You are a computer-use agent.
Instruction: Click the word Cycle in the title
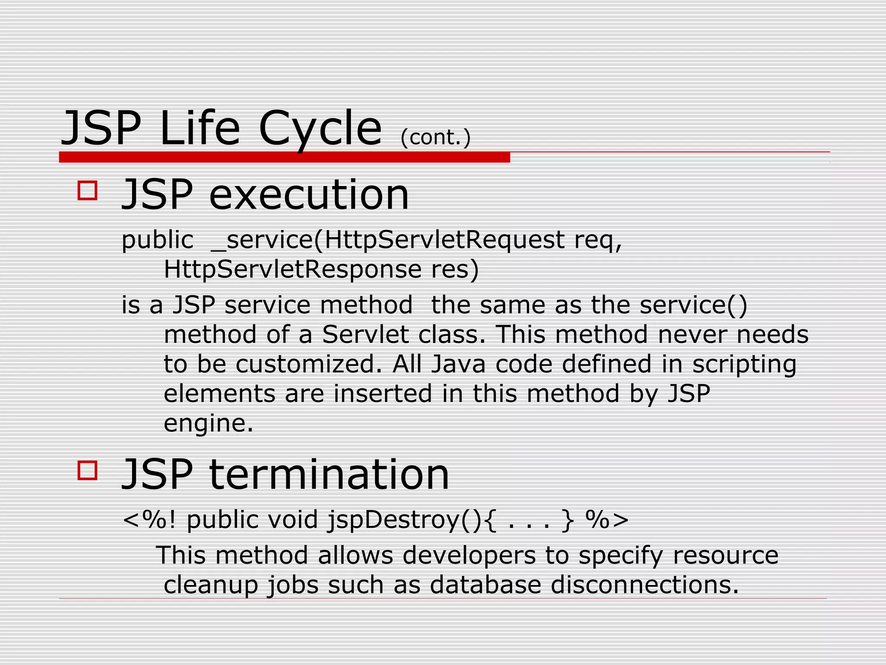click(x=320, y=129)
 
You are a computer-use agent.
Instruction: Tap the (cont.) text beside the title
click(x=435, y=138)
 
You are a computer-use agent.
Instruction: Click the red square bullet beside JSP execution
click(x=87, y=190)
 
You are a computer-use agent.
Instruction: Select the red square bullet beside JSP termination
click(x=87, y=470)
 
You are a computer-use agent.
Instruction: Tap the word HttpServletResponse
click(x=292, y=269)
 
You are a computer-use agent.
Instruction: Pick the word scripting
click(x=744, y=364)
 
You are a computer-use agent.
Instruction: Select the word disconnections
click(x=645, y=585)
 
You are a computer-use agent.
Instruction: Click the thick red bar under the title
click(x=284, y=158)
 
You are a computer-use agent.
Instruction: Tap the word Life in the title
click(x=199, y=129)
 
